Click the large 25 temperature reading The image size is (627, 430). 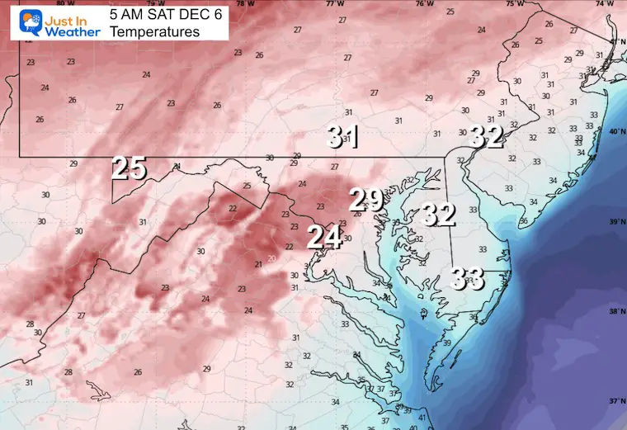click(x=130, y=168)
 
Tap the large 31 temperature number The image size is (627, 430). click(x=342, y=136)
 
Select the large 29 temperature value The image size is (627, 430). click(x=366, y=199)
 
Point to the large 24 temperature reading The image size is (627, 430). click(x=324, y=238)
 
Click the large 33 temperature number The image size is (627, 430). click(x=467, y=279)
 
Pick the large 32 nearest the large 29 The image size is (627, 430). click(x=439, y=215)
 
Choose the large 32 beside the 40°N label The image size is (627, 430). click(x=486, y=136)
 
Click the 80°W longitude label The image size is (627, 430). click(x=61, y=3)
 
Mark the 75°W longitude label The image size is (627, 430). click(x=514, y=3)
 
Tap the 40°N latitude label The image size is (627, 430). click(x=615, y=132)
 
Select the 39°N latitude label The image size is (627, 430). click(x=615, y=222)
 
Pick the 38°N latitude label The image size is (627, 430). click(x=615, y=312)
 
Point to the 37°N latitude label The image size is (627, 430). click(x=615, y=401)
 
